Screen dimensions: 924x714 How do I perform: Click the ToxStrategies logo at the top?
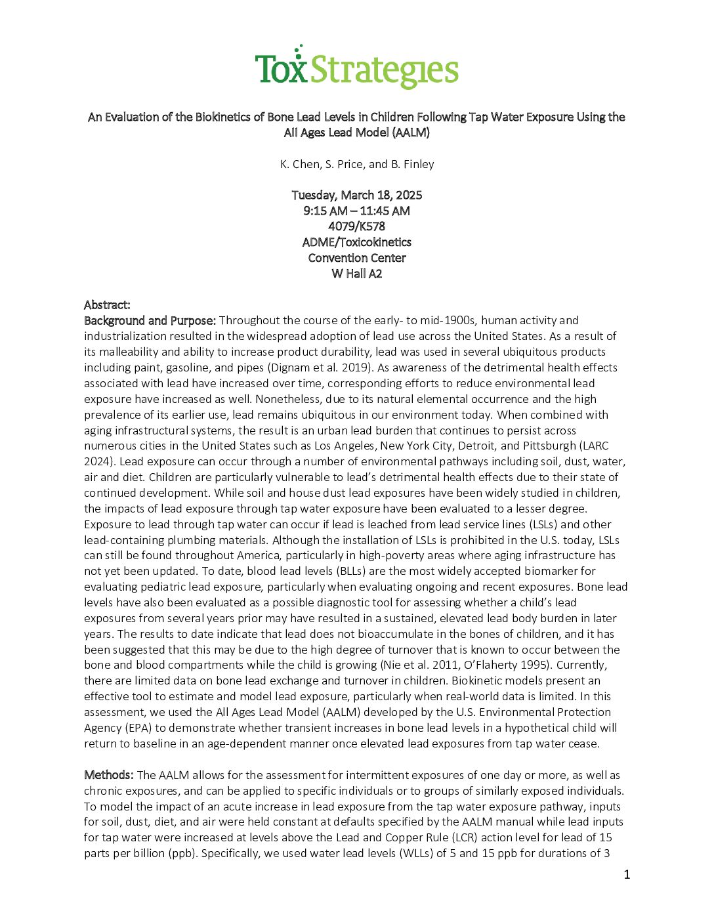[x=356, y=68]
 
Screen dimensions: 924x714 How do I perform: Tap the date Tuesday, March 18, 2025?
[x=356, y=195]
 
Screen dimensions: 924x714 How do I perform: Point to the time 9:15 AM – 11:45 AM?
[x=356, y=211]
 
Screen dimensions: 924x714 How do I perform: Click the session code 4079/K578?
[x=356, y=226]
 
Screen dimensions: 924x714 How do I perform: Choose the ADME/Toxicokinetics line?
[x=356, y=242]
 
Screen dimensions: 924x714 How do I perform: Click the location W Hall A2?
[x=356, y=274]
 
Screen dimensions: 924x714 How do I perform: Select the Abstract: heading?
[x=107, y=304]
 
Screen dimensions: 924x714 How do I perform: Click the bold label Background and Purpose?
[x=150, y=320]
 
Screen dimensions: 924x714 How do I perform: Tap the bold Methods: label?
[x=109, y=775]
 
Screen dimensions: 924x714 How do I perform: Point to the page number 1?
[x=627, y=874]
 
